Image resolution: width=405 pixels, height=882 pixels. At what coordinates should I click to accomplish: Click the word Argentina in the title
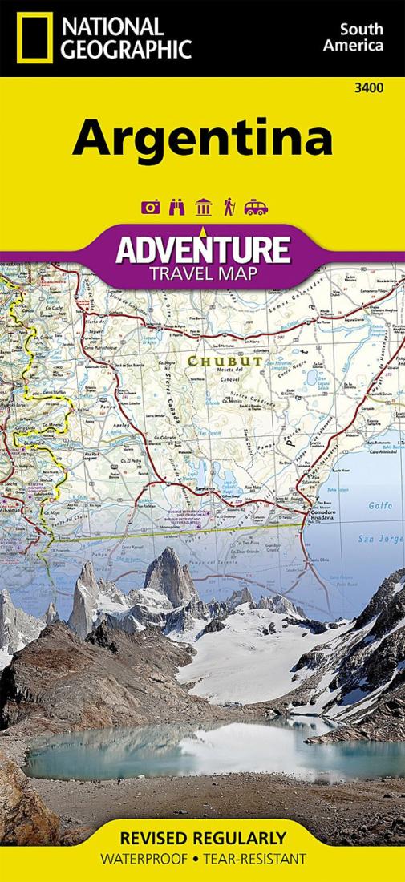coord(202,138)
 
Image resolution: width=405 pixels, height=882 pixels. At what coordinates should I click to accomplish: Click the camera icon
coord(150,208)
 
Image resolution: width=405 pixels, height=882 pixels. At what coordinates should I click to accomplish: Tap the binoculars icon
coord(176,208)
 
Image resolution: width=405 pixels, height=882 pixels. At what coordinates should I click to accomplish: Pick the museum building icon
coord(203,208)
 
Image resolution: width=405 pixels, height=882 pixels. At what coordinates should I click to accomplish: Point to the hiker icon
coord(229,208)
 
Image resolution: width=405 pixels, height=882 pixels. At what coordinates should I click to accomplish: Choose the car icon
coord(256,208)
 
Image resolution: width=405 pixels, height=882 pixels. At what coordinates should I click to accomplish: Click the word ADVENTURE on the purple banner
coord(202,249)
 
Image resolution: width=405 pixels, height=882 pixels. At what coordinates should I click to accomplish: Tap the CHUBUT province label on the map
coord(213,362)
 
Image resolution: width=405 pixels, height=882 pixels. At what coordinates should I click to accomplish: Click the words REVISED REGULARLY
coord(202,839)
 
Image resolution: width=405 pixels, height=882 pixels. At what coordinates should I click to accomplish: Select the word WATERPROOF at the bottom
coord(143,859)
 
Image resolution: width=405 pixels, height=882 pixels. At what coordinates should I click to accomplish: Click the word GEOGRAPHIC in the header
coord(127,50)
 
